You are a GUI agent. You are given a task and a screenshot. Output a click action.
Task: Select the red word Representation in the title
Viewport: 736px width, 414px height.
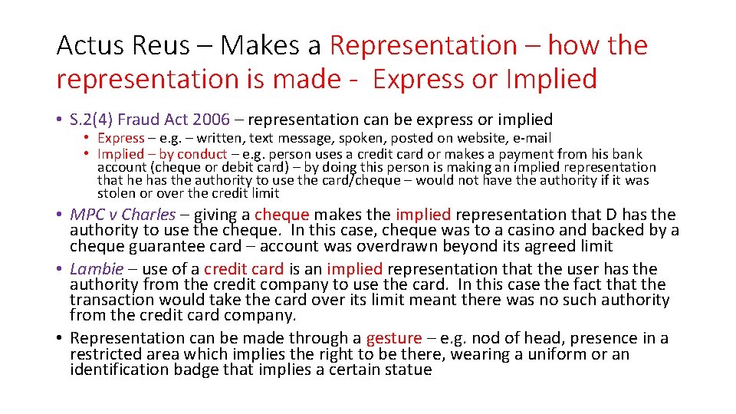(424, 46)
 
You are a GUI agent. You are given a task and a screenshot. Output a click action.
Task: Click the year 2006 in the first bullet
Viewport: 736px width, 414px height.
(212, 120)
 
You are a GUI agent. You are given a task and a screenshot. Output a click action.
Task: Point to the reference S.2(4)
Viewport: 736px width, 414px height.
(95, 120)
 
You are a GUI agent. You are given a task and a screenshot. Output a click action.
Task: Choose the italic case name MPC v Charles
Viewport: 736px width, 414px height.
(123, 215)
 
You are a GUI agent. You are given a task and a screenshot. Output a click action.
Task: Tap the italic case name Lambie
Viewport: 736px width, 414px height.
(97, 269)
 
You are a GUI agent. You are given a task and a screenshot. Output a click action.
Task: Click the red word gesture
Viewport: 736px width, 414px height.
(394, 338)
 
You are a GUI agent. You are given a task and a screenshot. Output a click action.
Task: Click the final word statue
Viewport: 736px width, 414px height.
(409, 370)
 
